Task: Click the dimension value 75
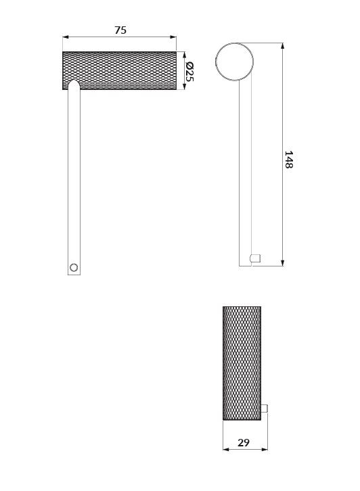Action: point(120,30)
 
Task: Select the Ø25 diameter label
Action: point(189,72)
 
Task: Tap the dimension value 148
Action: point(288,160)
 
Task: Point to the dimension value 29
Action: point(244,442)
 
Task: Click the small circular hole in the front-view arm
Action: point(74,267)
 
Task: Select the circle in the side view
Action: point(234,62)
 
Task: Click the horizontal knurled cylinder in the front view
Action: point(119,70)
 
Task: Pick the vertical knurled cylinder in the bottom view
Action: point(242,363)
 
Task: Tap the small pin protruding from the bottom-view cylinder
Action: point(264,409)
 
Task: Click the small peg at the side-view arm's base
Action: point(255,258)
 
